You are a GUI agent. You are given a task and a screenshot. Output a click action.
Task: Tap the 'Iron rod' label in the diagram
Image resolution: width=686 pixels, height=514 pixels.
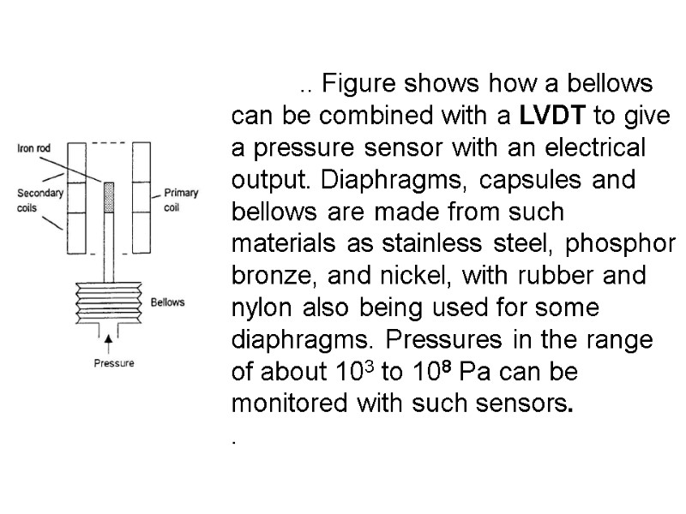coord(34,148)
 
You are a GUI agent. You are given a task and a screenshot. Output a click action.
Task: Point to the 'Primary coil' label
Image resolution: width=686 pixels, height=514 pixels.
coord(180,199)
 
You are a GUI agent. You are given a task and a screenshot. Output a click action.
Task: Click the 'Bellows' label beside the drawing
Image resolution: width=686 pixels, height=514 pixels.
coord(167,302)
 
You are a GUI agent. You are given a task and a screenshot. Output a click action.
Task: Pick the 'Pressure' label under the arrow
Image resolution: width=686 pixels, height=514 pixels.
coord(113,363)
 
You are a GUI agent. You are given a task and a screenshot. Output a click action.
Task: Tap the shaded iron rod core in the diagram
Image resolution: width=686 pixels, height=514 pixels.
coord(108,197)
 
